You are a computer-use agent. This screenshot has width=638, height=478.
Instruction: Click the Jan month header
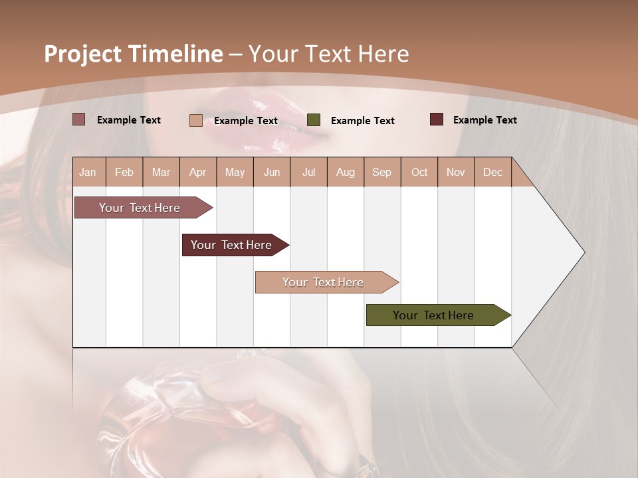pyautogui.click(x=88, y=172)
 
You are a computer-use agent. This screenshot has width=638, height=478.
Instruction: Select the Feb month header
pyautogui.click(x=124, y=172)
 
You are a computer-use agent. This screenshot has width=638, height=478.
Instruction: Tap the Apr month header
pyautogui.click(x=197, y=172)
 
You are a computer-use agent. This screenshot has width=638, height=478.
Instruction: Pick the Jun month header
pyautogui.click(x=272, y=172)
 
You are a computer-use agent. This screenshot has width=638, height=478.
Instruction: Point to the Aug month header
pyautogui.click(x=345, y=172)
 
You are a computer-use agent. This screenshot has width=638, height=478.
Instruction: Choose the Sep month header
pyautogui.click(x=381, y=172)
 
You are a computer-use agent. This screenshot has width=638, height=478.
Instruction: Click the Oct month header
pyautogui.click(x=419, y=172)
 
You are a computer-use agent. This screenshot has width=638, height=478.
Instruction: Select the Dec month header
pyautogui.click(x=492, y=172)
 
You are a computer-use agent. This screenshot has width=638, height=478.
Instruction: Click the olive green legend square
pyautogui.click(x=314, y=120)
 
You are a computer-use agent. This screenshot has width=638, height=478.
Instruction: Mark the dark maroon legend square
pyautogui.click(x=437, y=119)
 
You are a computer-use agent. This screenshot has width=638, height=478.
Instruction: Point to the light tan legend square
pyautogui.click(x=196, y=120)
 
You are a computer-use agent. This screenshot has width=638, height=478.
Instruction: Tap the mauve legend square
pyautogui.click(x=79, y=119)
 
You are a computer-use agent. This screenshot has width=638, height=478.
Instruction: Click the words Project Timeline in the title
pyautogui.click(x=133, y=54)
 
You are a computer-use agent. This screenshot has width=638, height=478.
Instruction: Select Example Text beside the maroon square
pyautogui.click(x=484, y=120)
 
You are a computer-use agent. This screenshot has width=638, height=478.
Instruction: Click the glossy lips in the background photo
pyautogui.click(x=266, y=119)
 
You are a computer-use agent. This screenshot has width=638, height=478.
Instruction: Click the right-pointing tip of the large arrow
pyautogui.click(x=583, y=252)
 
